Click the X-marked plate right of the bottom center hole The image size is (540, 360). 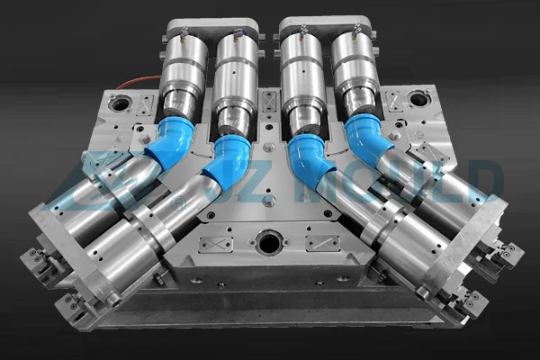[321, 243]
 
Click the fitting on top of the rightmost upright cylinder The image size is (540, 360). [357, 32]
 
